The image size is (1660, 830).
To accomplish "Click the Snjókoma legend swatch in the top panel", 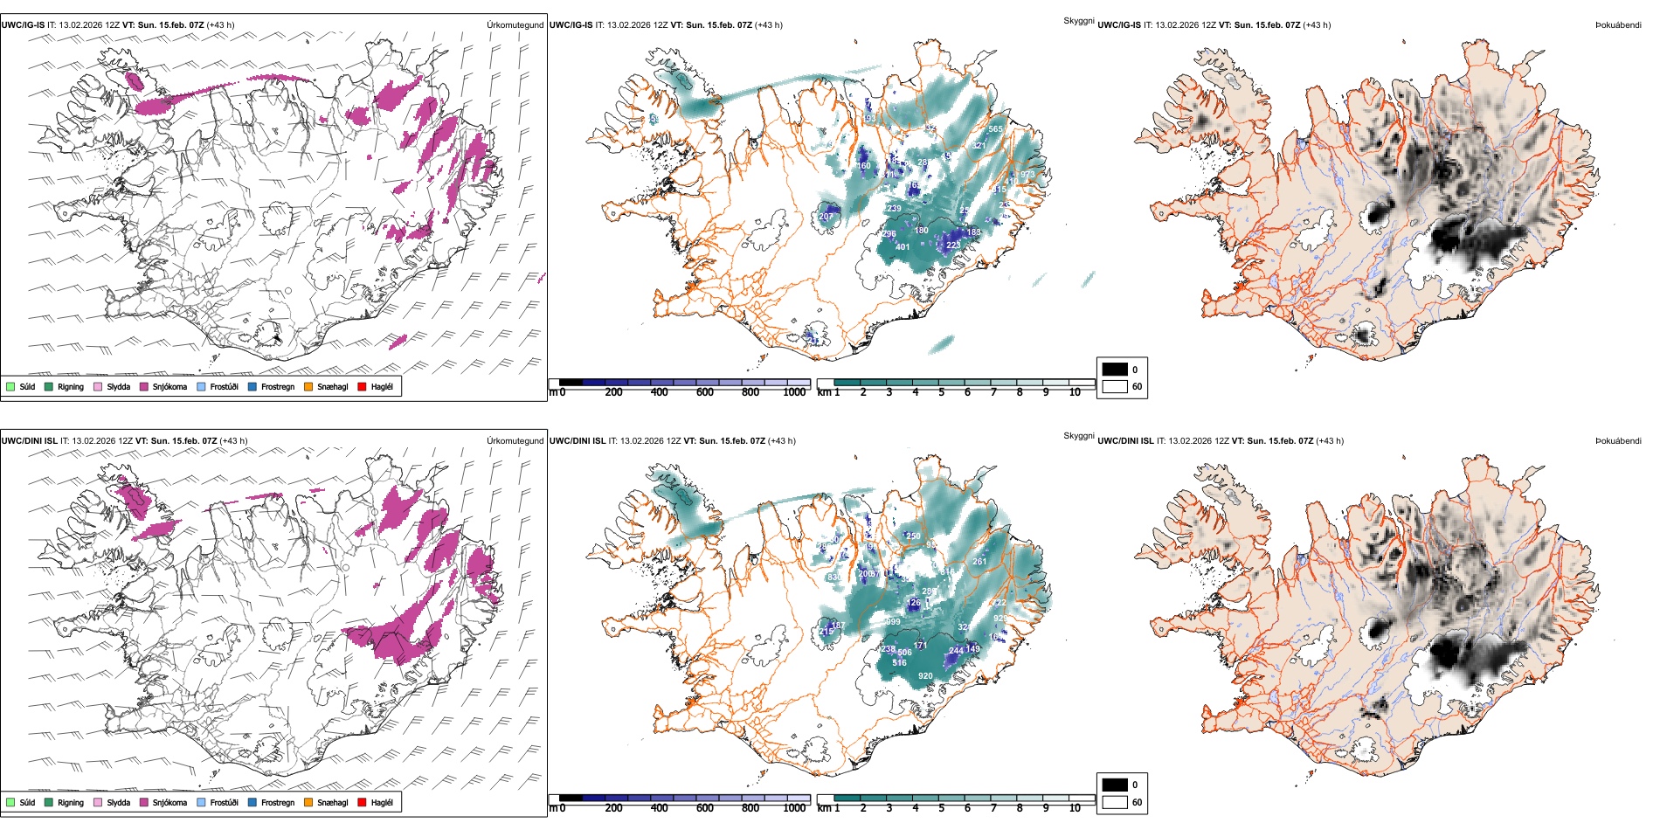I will point(144,386).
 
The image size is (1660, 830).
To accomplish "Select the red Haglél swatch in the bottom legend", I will point(362,802).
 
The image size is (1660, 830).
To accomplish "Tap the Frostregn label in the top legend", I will point(277,386).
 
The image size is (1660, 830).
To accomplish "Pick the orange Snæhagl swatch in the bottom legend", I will point(308,802).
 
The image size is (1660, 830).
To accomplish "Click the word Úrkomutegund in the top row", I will point(515,24).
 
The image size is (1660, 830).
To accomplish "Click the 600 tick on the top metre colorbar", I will point(704,392).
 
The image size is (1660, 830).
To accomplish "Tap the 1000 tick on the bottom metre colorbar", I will point(794,808).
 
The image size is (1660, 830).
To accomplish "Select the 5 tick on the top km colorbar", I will point(941,392).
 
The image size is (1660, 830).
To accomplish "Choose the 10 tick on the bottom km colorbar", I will point(1075,808).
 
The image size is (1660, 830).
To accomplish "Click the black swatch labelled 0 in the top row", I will point(1115,370).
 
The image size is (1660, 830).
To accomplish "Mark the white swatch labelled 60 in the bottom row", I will point(1115,802).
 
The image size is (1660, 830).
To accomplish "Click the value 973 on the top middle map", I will point(1027,175).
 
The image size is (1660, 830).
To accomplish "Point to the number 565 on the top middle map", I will point(995,129).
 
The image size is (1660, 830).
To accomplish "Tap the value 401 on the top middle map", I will point(903,247).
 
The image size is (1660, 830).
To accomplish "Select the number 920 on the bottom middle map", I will point(925,676).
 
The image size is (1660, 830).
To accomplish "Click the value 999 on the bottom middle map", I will point(893,622).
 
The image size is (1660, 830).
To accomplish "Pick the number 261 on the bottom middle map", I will point(979,562).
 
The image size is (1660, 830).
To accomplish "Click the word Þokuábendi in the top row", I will point(1618,24).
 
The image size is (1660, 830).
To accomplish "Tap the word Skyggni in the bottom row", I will point(1078,435).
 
